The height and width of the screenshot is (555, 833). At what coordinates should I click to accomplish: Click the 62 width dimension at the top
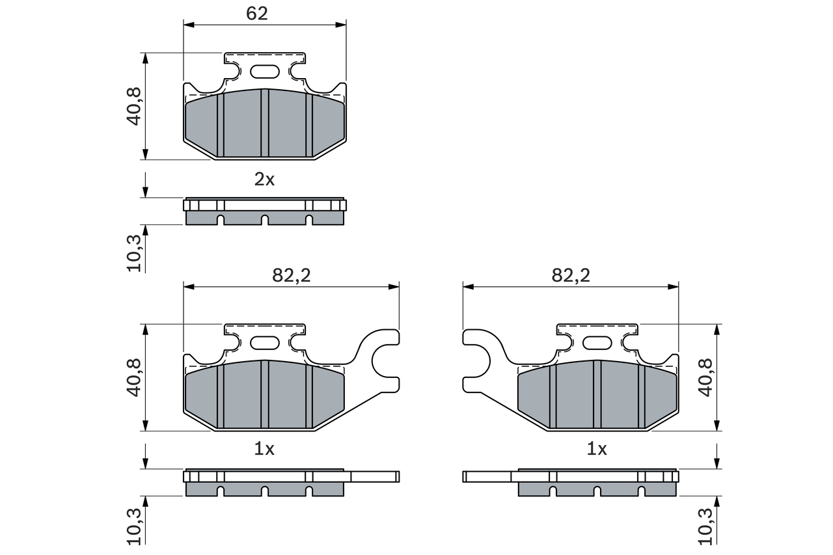(x=257, y=14)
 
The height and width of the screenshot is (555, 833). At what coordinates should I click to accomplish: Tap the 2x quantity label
(x=264, y=180)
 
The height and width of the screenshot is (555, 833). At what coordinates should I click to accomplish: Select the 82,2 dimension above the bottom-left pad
(x=292, y=275)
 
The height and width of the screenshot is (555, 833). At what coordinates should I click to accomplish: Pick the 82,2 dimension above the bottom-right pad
(x=570, y=275)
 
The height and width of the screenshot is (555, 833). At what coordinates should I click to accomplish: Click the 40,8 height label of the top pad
(x=135, y=107)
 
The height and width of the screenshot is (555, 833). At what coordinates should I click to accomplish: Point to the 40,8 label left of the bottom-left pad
(x=135, y=378)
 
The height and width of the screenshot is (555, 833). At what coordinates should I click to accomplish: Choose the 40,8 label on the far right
(x=705, y=378)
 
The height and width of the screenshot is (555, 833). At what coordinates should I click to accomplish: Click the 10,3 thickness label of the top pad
(x=135, y=252)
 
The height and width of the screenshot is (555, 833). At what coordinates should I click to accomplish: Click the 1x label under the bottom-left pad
(x=264, y=449)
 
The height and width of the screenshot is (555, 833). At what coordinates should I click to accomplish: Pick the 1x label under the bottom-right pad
(x=597, y=449)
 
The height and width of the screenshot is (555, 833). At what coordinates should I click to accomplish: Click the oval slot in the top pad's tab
(x=264, y=71)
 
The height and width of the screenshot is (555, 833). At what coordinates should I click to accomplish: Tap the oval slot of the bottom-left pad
(x=264, y=342)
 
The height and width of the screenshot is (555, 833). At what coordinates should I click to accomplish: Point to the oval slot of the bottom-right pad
(x=597, y=342)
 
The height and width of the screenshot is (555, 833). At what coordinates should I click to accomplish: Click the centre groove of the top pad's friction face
(x=265, y=123)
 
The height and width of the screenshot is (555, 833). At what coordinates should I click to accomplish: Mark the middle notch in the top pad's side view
(x=265, y=220)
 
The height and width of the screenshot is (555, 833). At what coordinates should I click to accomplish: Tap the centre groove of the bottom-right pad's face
(x=597, y=394)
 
